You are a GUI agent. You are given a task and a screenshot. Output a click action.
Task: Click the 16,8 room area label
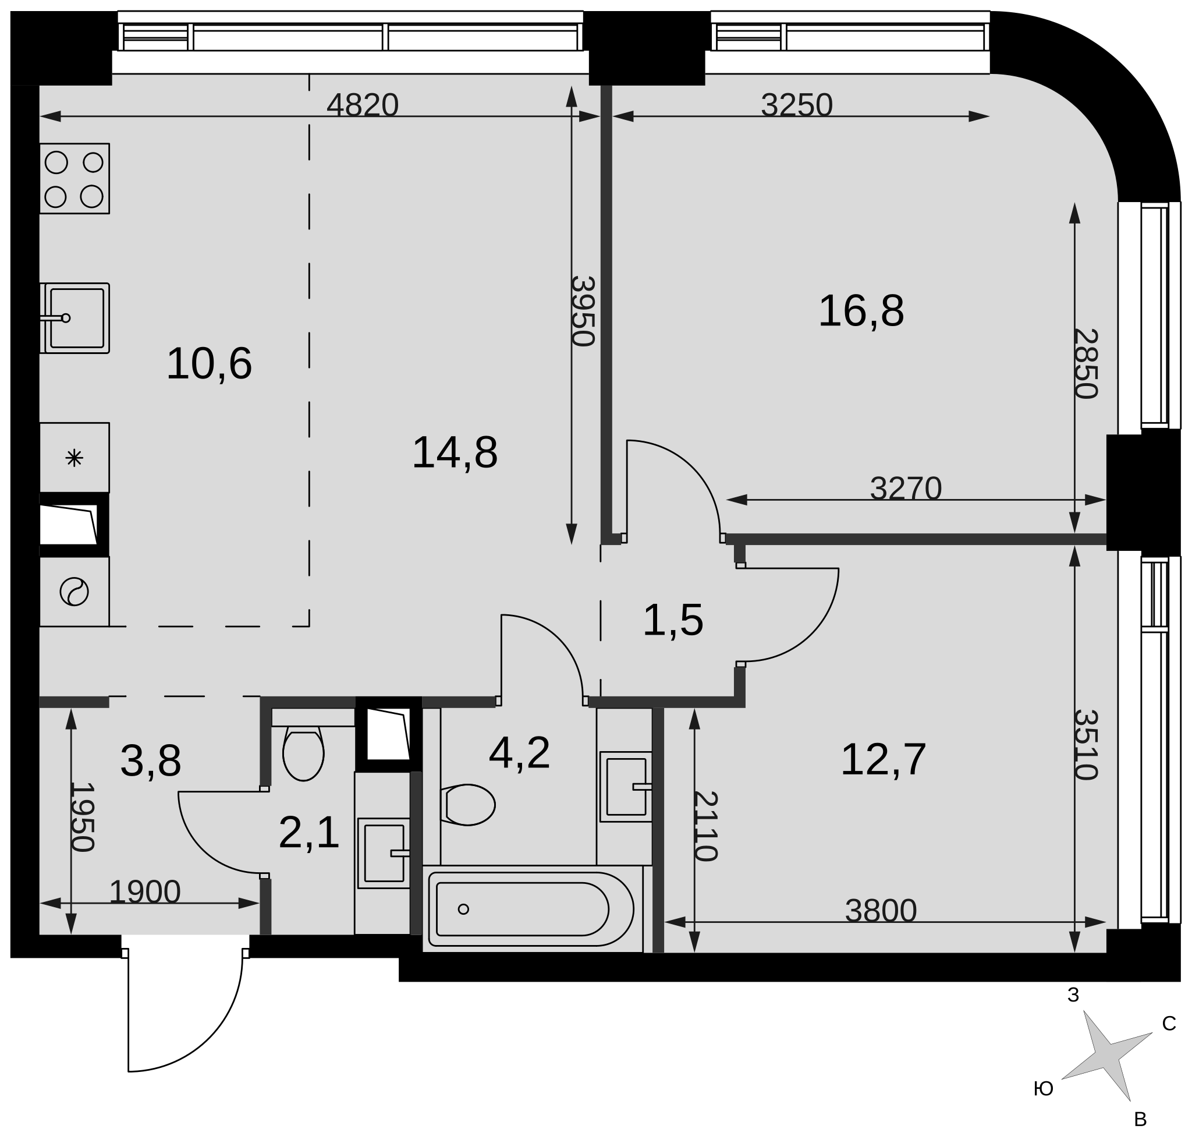pos(861,312)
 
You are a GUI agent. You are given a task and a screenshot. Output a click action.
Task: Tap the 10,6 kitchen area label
pos(208,365)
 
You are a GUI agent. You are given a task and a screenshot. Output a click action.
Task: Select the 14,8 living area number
pos(455,453)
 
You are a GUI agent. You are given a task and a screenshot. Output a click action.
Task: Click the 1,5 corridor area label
pos(673,621)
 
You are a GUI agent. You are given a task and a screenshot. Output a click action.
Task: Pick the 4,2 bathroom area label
pos(519,753)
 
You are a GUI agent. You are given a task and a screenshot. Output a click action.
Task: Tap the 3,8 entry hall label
pos(150,761)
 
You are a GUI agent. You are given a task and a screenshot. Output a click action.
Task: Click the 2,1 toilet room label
pos(308,833)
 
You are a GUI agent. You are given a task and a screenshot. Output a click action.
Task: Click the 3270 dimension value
pos(906,488)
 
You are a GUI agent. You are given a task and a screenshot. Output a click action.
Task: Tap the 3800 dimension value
pos(881,911)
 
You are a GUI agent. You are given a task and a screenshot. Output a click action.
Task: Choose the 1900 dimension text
pos(145,892)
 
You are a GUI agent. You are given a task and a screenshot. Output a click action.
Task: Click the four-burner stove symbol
pos(74,179)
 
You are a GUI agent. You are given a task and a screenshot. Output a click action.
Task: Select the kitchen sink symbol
pos(74,318)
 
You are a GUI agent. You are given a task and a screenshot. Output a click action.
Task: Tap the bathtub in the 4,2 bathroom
pos(531,909)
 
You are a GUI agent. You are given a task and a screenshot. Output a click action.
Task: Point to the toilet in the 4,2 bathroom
pos(468,805)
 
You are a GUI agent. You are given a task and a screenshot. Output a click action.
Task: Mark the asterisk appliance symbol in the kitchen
pos(74,458)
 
